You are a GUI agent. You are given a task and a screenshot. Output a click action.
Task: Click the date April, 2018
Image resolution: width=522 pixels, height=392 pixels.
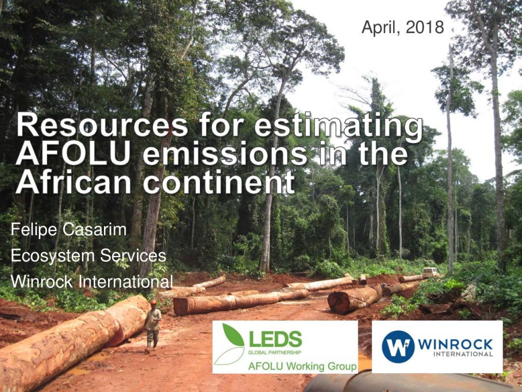(x=403, y=28)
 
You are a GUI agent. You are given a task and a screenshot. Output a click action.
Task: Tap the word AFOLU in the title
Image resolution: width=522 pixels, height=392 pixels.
(x=72, y=153)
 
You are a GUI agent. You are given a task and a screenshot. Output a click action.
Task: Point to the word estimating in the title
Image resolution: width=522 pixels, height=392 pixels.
(x=339, y=127)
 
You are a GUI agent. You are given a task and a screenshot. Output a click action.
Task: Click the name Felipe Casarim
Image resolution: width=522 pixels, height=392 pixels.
(x=69, y=230)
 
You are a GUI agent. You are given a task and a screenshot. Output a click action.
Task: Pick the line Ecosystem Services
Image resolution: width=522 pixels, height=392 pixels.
(x=88, y=256)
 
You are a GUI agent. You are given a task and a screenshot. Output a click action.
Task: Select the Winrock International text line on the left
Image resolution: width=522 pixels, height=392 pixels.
(x=92, y=282)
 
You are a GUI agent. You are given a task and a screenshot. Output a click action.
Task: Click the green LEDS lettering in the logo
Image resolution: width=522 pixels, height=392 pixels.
(x=275, y=339)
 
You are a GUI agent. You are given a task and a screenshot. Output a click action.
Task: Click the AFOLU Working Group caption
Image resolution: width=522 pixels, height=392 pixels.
(x=302, y=366)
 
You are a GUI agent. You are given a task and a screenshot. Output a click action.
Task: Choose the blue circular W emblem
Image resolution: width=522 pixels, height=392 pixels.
(x=398, y=347)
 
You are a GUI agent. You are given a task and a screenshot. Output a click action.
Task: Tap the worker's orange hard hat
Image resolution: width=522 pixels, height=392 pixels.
(x=153, y=302)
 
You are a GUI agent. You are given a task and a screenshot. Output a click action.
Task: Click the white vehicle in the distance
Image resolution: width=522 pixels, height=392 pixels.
(x=430, y=272)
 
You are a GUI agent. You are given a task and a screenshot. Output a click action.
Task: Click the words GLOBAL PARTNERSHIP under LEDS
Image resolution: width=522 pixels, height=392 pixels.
(x=275, y=352)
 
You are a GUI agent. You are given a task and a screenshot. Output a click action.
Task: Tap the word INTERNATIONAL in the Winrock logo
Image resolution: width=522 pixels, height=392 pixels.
(x=463, y=354)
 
